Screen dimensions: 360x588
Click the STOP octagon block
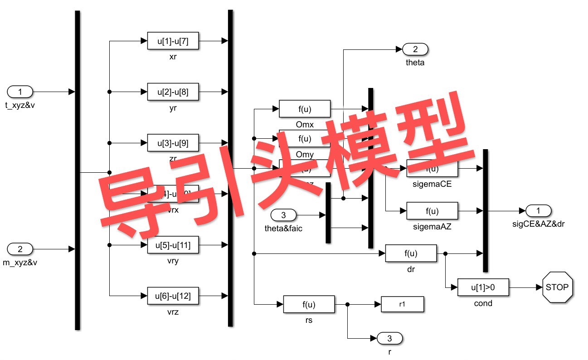coord(557,287)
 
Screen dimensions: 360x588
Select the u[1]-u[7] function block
coord(173,41)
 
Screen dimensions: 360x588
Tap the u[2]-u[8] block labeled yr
coord(173,92)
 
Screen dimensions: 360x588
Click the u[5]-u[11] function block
coord(173,245)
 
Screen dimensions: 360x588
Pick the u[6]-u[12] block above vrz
coord(173,296)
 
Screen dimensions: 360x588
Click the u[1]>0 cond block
coord(483,287)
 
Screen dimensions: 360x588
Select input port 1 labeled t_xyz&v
coord(20,92)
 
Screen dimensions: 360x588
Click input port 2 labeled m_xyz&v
coord(20,249)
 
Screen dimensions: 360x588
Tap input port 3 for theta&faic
coord(283,215)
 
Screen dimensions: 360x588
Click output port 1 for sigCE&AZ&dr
coord(539,211)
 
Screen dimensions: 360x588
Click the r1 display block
coord(402,304)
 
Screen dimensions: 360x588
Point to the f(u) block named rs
coord(309,304)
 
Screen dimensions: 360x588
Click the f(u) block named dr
coord(411,253)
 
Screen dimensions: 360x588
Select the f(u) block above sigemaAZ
coord(432,211)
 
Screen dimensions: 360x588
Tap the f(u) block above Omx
coord(305,109)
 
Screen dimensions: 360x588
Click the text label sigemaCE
coord(432,185)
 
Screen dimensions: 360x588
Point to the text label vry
coord(173,262)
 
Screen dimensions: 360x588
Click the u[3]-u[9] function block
coord(173,143)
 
